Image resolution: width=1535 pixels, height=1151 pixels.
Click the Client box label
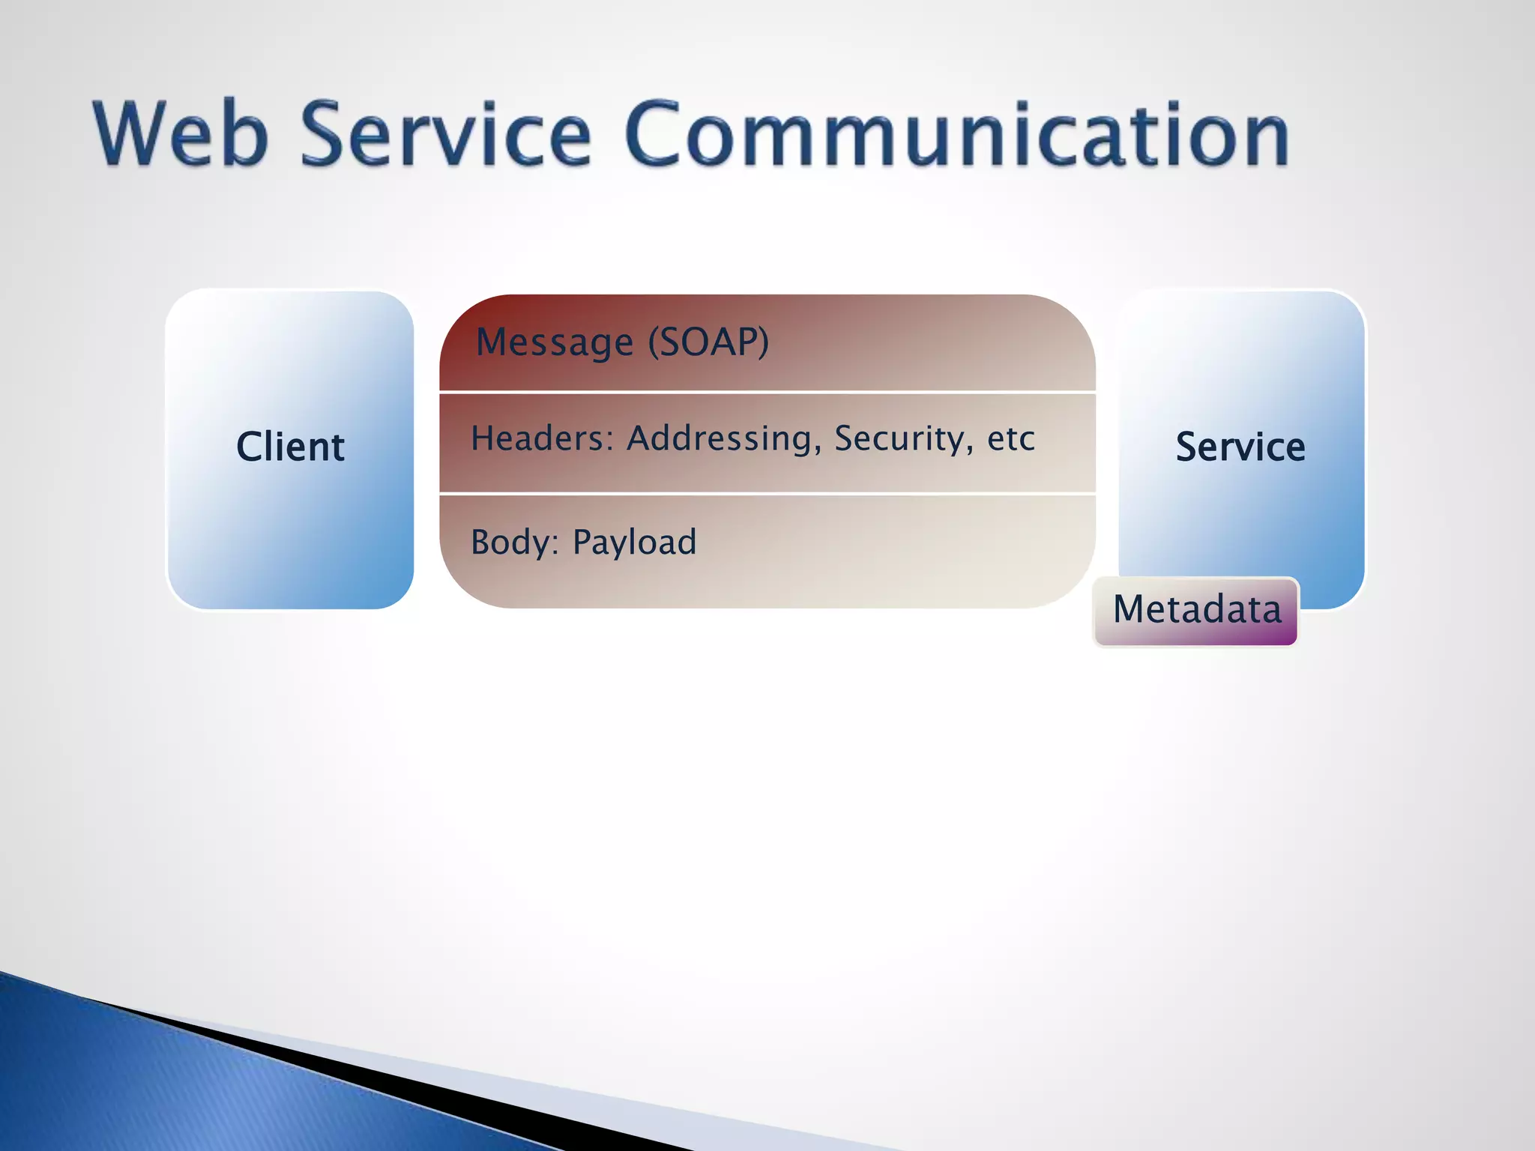pos(290,447)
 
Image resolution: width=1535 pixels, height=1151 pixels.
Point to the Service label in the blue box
pos(1240,447)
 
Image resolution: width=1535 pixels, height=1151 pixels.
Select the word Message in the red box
pos(555,342)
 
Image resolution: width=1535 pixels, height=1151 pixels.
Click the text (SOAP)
pos(708,342)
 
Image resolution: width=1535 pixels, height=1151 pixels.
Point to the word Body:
pos(515,543)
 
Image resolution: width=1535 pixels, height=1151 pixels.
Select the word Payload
pos(634,543)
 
